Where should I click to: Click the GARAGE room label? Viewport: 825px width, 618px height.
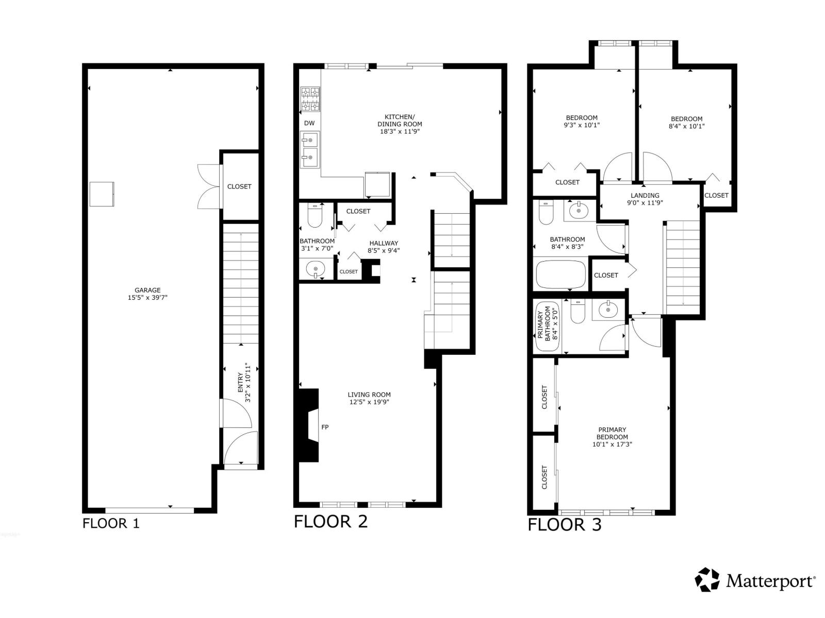tap(148, 290)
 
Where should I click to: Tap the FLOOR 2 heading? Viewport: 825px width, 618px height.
tap(331, 521)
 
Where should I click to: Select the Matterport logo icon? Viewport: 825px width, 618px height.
tap(707, 580)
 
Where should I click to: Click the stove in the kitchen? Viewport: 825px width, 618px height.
tap(310, 99)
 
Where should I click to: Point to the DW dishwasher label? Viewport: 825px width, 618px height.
tap(309, 123)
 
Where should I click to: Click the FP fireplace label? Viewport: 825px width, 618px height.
tap(325, 427)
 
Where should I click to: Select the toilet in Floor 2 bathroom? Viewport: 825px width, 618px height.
tap(315, 216)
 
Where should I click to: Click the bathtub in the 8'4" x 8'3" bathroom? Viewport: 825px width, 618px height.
tap(561, 274)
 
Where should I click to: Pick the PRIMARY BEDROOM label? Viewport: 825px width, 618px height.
tap(612, 433)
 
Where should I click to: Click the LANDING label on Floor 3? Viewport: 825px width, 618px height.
tap(645, 195)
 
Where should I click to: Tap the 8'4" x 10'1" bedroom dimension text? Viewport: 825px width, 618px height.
tap(686, 126)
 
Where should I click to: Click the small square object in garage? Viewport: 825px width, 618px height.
tap(102, 194)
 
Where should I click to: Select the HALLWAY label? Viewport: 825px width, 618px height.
tap(384, 243)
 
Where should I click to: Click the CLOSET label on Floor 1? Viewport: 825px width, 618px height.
tap(239, 186)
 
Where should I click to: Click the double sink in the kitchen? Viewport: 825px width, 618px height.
tap(310, 149)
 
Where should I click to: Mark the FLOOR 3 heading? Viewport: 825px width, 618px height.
tap(564, 525)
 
